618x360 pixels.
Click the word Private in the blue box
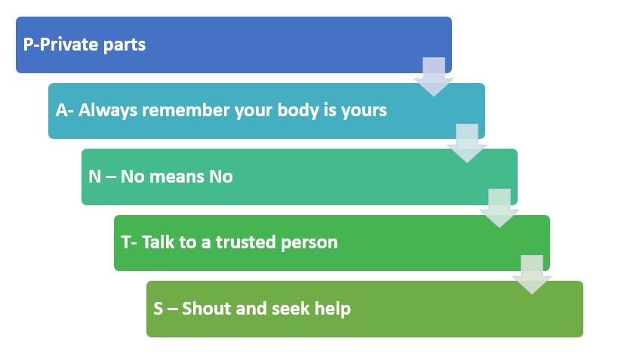pyautogui.click(x=69, y=45)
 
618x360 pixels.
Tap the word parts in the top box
pyautogui.click(x=125, y=45)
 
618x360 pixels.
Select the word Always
pyautogui.click(x=108, y=111)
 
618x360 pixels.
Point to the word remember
pyautogui.click(x=186, y=110)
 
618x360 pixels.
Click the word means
pyautogui.click(x=177, y=177)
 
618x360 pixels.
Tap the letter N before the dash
pyautogui.click(x=94, y=177)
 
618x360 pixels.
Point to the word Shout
pyautogui.click(x=207, y=309)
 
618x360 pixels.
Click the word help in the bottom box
pyautogui.click(x=332, y=309)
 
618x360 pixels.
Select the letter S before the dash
pyautogui.click(x=158, y=309)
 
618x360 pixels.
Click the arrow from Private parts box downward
pyautogui.click(x=434, y=76)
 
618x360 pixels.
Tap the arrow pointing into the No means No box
pyautogui.click(x=466, y=143)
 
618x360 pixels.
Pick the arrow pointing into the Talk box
pyautogui.click(x=500, y=208)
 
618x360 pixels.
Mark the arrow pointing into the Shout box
pyautogui.click(x=532, y=275)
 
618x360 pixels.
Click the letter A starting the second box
pyautogui.click(x=61, y=110)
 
